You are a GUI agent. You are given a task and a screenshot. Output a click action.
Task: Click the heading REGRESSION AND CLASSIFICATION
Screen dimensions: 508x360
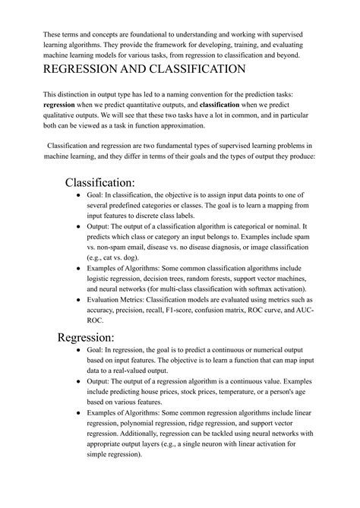coord(144,69)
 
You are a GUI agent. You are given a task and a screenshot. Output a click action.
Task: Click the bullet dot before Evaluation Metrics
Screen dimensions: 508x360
coord(79,300)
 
